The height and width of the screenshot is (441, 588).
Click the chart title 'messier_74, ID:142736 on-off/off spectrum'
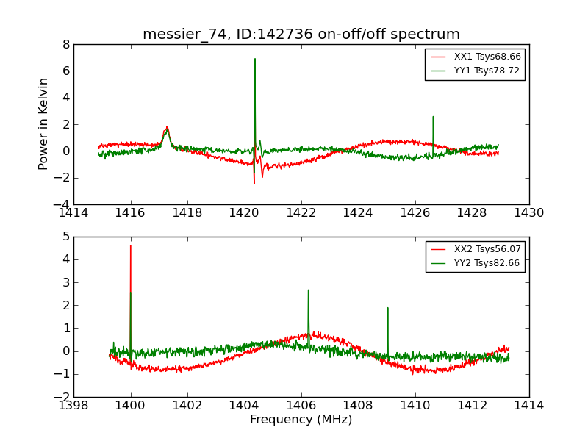(x=301, y=34)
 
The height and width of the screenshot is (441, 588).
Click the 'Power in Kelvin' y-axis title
(x=44, y=123)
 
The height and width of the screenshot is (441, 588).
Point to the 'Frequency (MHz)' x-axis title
(x=301, y=420)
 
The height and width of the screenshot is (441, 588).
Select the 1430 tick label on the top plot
(x=528, y=213)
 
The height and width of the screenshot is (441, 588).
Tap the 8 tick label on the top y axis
(x=65, y=44)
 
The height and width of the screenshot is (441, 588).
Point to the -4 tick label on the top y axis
(x=62, y=204)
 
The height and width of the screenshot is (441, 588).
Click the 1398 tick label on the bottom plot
(x=73, y=405)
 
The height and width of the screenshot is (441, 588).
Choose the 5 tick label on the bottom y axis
(x=65, y=237)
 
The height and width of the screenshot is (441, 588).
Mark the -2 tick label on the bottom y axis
(x=62, y=397)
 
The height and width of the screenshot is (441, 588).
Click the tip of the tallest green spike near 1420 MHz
(x=255, y=59)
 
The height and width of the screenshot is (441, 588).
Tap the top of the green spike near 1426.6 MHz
(x=433, y=116)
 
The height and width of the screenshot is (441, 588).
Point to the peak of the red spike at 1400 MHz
(x=131, y=245)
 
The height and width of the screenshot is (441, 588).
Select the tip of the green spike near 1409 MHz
(x=387, y=308)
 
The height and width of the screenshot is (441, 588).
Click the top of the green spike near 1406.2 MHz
(x=308, y=290)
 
